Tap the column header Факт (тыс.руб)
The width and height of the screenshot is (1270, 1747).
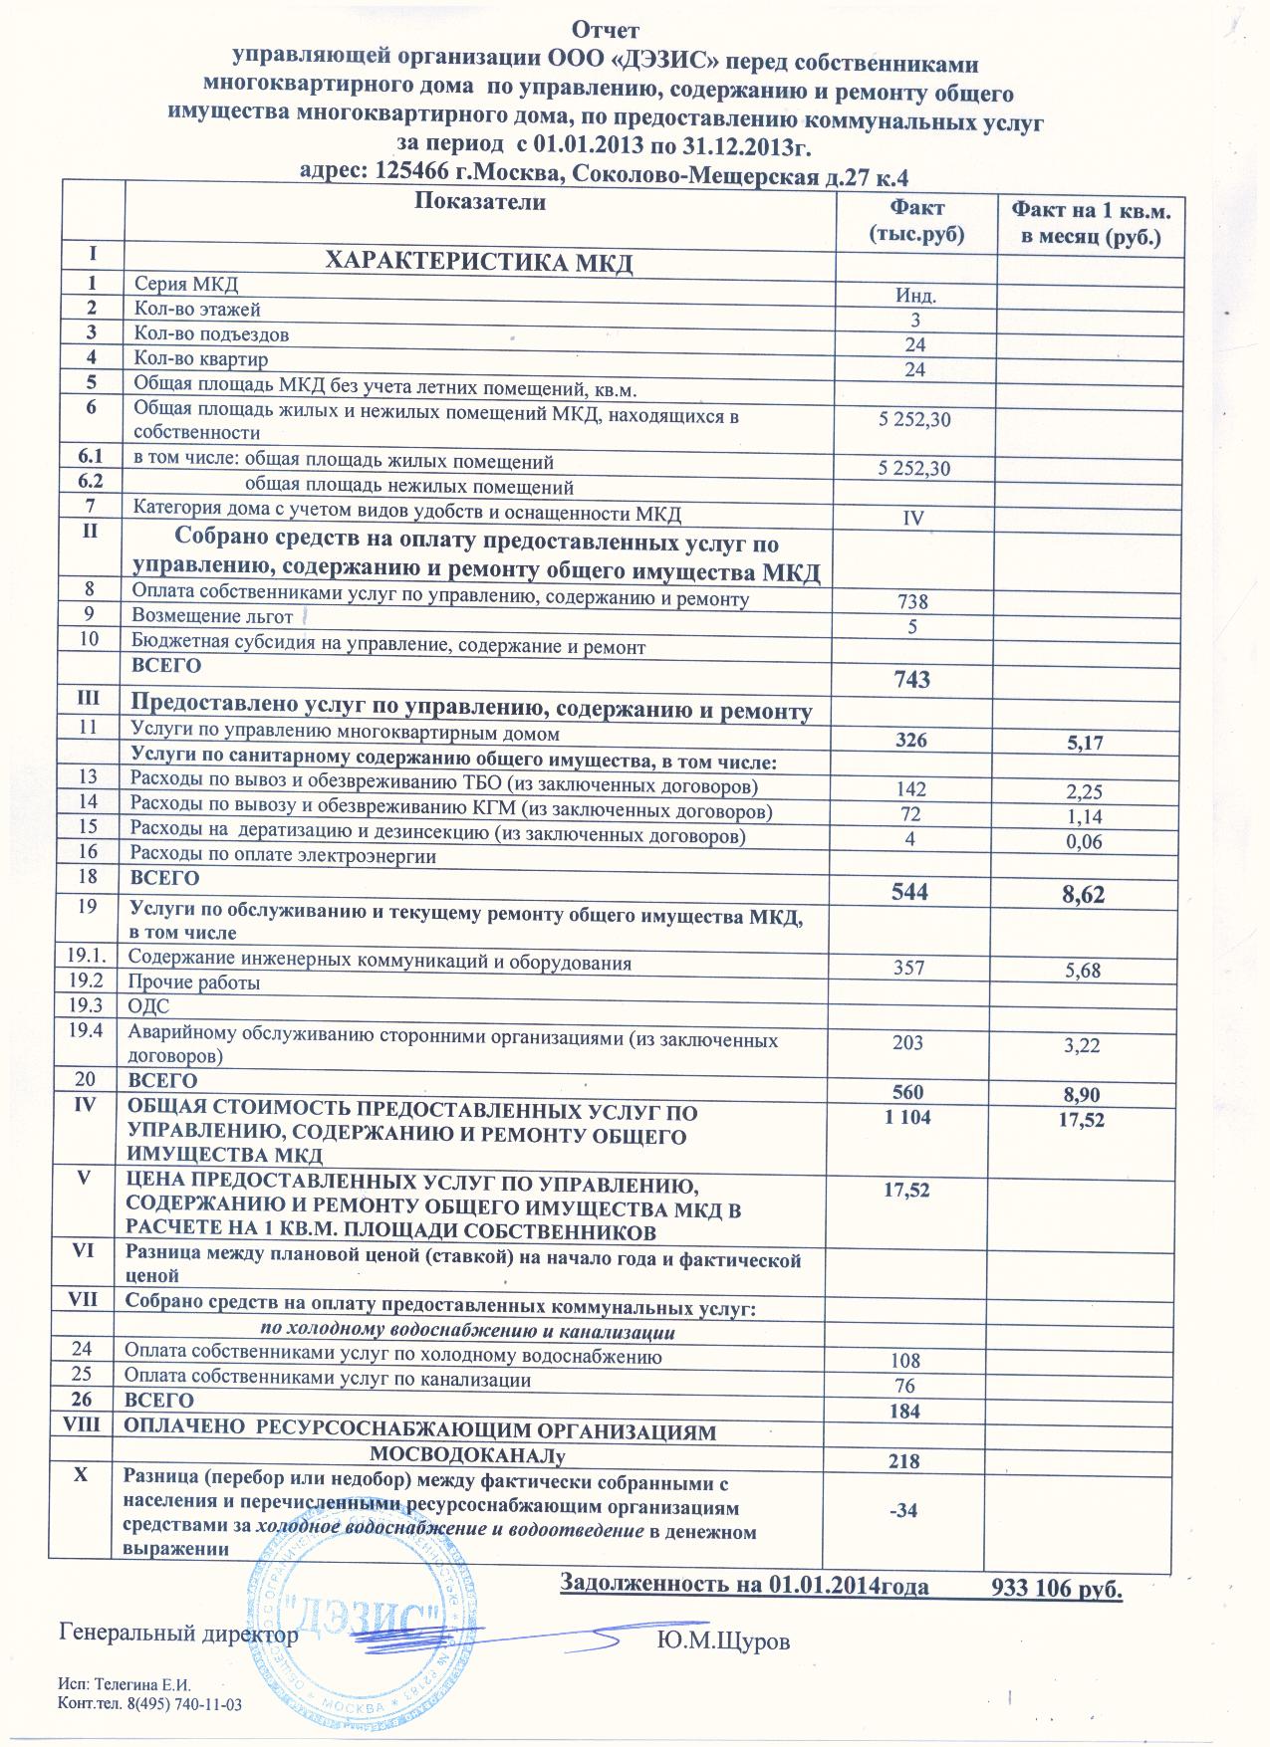click(915, 220)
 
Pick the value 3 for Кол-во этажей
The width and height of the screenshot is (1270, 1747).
click(914, 321)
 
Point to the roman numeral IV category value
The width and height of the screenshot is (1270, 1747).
click(913, 518)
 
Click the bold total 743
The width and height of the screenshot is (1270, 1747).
click(912, 680)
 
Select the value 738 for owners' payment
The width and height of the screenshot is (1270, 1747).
click(912, 602)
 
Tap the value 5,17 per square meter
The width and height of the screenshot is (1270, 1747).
click(1082, 743)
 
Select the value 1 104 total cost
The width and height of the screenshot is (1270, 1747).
click(906, 1118)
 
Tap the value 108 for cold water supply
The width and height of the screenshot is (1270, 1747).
click(905, 1360)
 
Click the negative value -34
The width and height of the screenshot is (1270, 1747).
click(901, 1510)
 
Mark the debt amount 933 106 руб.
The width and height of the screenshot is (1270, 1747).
click(1058, 1589)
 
